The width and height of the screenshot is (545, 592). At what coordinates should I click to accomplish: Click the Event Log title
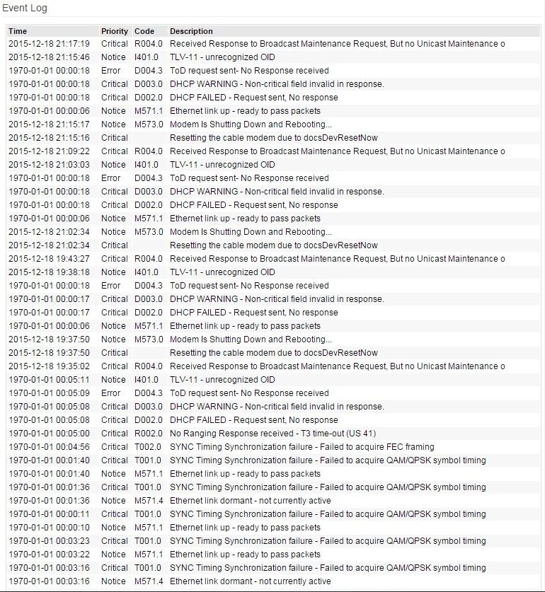(25, 8)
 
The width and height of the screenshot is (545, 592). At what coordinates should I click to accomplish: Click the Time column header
(18, 31)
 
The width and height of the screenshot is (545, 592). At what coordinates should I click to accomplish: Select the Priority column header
(115, 31)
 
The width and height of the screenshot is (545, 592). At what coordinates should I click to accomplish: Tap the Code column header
(144, 31)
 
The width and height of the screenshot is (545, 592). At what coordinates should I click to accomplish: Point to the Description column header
(191, 31)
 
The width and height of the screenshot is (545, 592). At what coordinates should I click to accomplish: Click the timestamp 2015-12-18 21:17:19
(49, 44)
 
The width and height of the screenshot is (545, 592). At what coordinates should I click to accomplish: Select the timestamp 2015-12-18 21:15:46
(49, 57)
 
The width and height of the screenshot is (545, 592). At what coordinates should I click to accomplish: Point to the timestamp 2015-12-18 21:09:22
(49, 151)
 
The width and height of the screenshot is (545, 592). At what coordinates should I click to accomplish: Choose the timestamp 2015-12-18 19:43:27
(49, 259)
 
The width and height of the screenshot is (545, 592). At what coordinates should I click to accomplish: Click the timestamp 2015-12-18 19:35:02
(49, 366)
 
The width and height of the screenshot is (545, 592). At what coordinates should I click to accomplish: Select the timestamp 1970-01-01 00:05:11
(49, 380)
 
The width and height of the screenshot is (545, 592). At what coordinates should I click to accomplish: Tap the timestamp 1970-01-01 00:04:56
(49, 447)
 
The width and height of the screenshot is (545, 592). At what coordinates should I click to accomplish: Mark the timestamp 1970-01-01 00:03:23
(49, 541)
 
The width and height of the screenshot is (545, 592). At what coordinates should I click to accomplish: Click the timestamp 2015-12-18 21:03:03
(49, 165)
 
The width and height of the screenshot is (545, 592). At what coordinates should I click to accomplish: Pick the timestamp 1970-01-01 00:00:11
(49, 514)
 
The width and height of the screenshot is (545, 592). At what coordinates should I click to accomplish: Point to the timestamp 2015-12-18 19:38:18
(49, 272)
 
